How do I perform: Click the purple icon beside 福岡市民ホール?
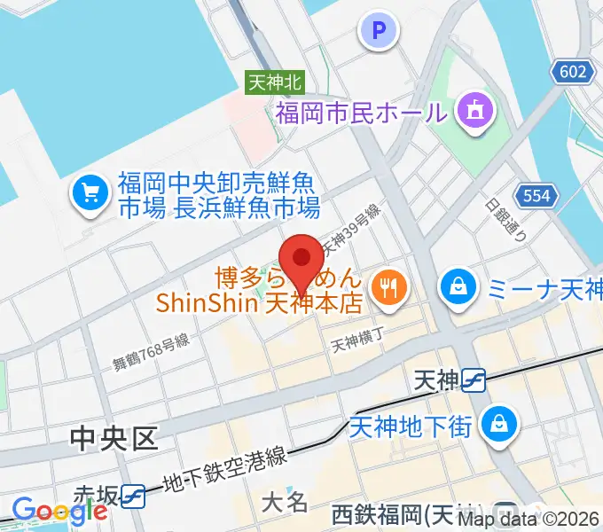coord(472,111)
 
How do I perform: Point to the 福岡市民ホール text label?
coord(361,113)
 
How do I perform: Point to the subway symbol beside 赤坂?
coord(134,495)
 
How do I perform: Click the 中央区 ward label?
coord(114,437)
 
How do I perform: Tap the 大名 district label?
coord(285,502)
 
